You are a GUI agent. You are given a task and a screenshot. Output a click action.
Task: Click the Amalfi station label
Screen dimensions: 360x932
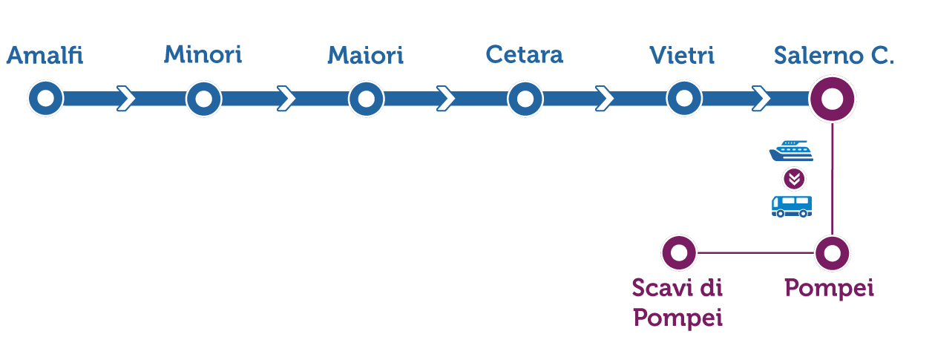click(x=45, y=56)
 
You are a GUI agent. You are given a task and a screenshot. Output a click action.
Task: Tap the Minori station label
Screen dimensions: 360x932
click(x=203, y=54)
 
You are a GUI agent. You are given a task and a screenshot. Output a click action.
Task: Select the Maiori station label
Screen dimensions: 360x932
click(x=365, y=55)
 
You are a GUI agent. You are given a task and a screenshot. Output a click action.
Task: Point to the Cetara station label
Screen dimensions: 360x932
click(x=524, y=54)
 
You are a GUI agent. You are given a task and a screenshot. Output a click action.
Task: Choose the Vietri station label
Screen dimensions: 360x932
click(x=682, y=55)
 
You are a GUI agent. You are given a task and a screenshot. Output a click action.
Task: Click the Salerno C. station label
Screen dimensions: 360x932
click(x=833, y=56)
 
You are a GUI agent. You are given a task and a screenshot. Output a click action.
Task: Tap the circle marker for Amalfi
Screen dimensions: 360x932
click(x=46, y=99)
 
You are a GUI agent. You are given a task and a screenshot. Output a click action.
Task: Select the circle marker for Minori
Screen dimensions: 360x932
click(x=204, y=99)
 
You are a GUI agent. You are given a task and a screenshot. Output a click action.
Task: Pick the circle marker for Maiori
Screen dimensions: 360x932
click(x=366, y=99)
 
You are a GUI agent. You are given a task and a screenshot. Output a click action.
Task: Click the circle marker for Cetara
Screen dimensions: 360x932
click(x=525, y=99)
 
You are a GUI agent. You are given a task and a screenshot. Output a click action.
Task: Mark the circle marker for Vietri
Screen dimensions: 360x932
click(x=684, y=99)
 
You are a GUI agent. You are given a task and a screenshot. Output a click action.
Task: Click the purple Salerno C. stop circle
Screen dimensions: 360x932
click(x=833, y=99)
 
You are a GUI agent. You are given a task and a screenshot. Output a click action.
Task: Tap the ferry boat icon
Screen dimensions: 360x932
click(x=791, y=151)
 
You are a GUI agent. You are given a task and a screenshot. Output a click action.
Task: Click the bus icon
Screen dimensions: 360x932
click(x=792, y=206)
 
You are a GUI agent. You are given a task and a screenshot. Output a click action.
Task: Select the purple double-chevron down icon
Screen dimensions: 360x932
click(x=794, y=179)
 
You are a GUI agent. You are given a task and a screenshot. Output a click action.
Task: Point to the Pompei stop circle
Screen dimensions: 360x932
click(x=832, y=253)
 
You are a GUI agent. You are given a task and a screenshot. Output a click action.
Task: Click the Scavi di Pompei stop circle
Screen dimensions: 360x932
click(x=679, y=253)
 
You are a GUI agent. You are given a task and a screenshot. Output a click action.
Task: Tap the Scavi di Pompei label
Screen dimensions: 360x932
click(x=677, y=303)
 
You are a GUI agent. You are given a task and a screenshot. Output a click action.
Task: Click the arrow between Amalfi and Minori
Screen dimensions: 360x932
click(x=126, y=99)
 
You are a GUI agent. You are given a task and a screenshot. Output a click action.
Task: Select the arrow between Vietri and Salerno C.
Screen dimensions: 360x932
click(x=761, y=99)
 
